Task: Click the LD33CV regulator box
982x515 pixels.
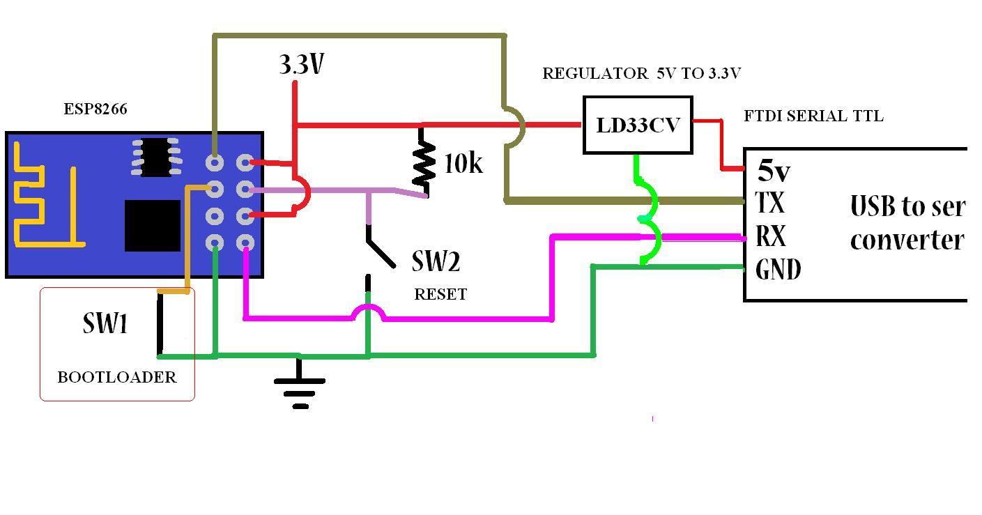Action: (x=637, y=125)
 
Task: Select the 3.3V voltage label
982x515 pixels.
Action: (x=302, y=65)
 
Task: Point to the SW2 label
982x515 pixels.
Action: (x=436, y=262)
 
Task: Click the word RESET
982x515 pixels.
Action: (x=440, y=294)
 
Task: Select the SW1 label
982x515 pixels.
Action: (x=105, y=323)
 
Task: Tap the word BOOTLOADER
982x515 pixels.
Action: (x=116, y=377)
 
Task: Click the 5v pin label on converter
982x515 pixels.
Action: (x=774, y=171)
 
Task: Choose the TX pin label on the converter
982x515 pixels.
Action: (x=770, y=203)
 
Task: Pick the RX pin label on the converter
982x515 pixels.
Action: (x=771, y=236)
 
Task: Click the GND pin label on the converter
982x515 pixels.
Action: (x=778, y=269)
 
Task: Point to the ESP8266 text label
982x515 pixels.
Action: (x=95, y=109)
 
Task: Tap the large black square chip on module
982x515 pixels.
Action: (x=153, y=225)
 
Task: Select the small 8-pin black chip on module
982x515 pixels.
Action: (x=156, y=157)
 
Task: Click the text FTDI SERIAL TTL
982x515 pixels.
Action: (x=813, y=116)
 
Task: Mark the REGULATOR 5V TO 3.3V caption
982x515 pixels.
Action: (x=641, y=73)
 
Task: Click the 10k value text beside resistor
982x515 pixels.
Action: (x=463, y=163)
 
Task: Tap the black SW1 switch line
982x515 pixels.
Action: (x=160, y=324)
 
